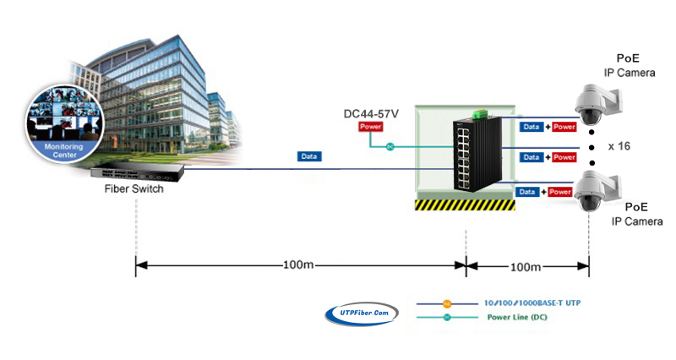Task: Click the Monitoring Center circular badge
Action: pyautogui.click(x=65, y=123)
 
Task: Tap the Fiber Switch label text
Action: pyautogui.click(x=134, y=188)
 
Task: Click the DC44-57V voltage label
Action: pyautogui.click(x=371, y=114)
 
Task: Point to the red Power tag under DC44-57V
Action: pyautogui.click(x=371, y=127)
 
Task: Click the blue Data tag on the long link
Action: pyautogui.click(x=309, y=156)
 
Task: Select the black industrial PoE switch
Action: pyautogui.click(x=477, y=154)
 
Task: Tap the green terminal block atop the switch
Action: pyautogui.click(x=480, y=114)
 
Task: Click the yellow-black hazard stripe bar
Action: pyautogui.click(x=465, y=205)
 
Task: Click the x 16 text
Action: pyautogui.click(x=619, y=146)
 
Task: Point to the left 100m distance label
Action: pyautogui.click(x=298, y=265)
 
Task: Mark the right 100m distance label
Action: pyautogui.click(x=526, y=267)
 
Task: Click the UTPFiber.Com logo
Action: pyautogui.click(x=362, y=314)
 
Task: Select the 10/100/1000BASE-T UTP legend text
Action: pyautogui.click(x=532, y=303)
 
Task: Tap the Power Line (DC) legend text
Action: pyautogui.click(x=517, y=317)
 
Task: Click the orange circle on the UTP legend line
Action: pyautogui.click(x=447, y=304)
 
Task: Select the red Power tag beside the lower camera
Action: pyautogui.click(x=560, y=192)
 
